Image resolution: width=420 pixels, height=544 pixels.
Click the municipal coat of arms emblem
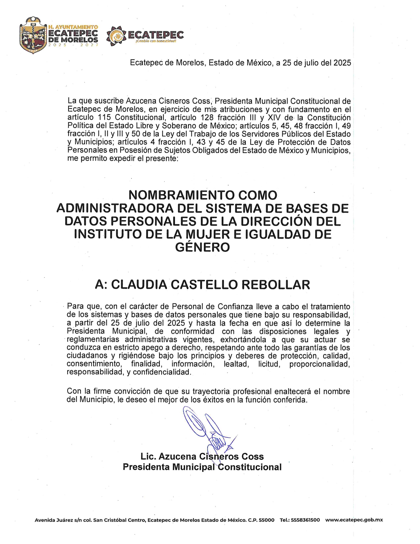[x=32, y=36]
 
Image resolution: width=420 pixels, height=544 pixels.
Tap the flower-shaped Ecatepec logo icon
[x=116, y=36]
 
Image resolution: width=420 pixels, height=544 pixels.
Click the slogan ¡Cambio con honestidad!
[x=156, y=41]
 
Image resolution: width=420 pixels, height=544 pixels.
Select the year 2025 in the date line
[x=342, y=63]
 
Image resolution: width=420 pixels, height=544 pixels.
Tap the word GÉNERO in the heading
[x=202, y=247]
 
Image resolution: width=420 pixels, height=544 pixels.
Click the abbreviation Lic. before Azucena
[x=148, y=457]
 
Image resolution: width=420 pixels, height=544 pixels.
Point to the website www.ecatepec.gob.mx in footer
[x=354, y=520]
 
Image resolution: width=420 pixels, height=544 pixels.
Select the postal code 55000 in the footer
[x=266, y=520]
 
